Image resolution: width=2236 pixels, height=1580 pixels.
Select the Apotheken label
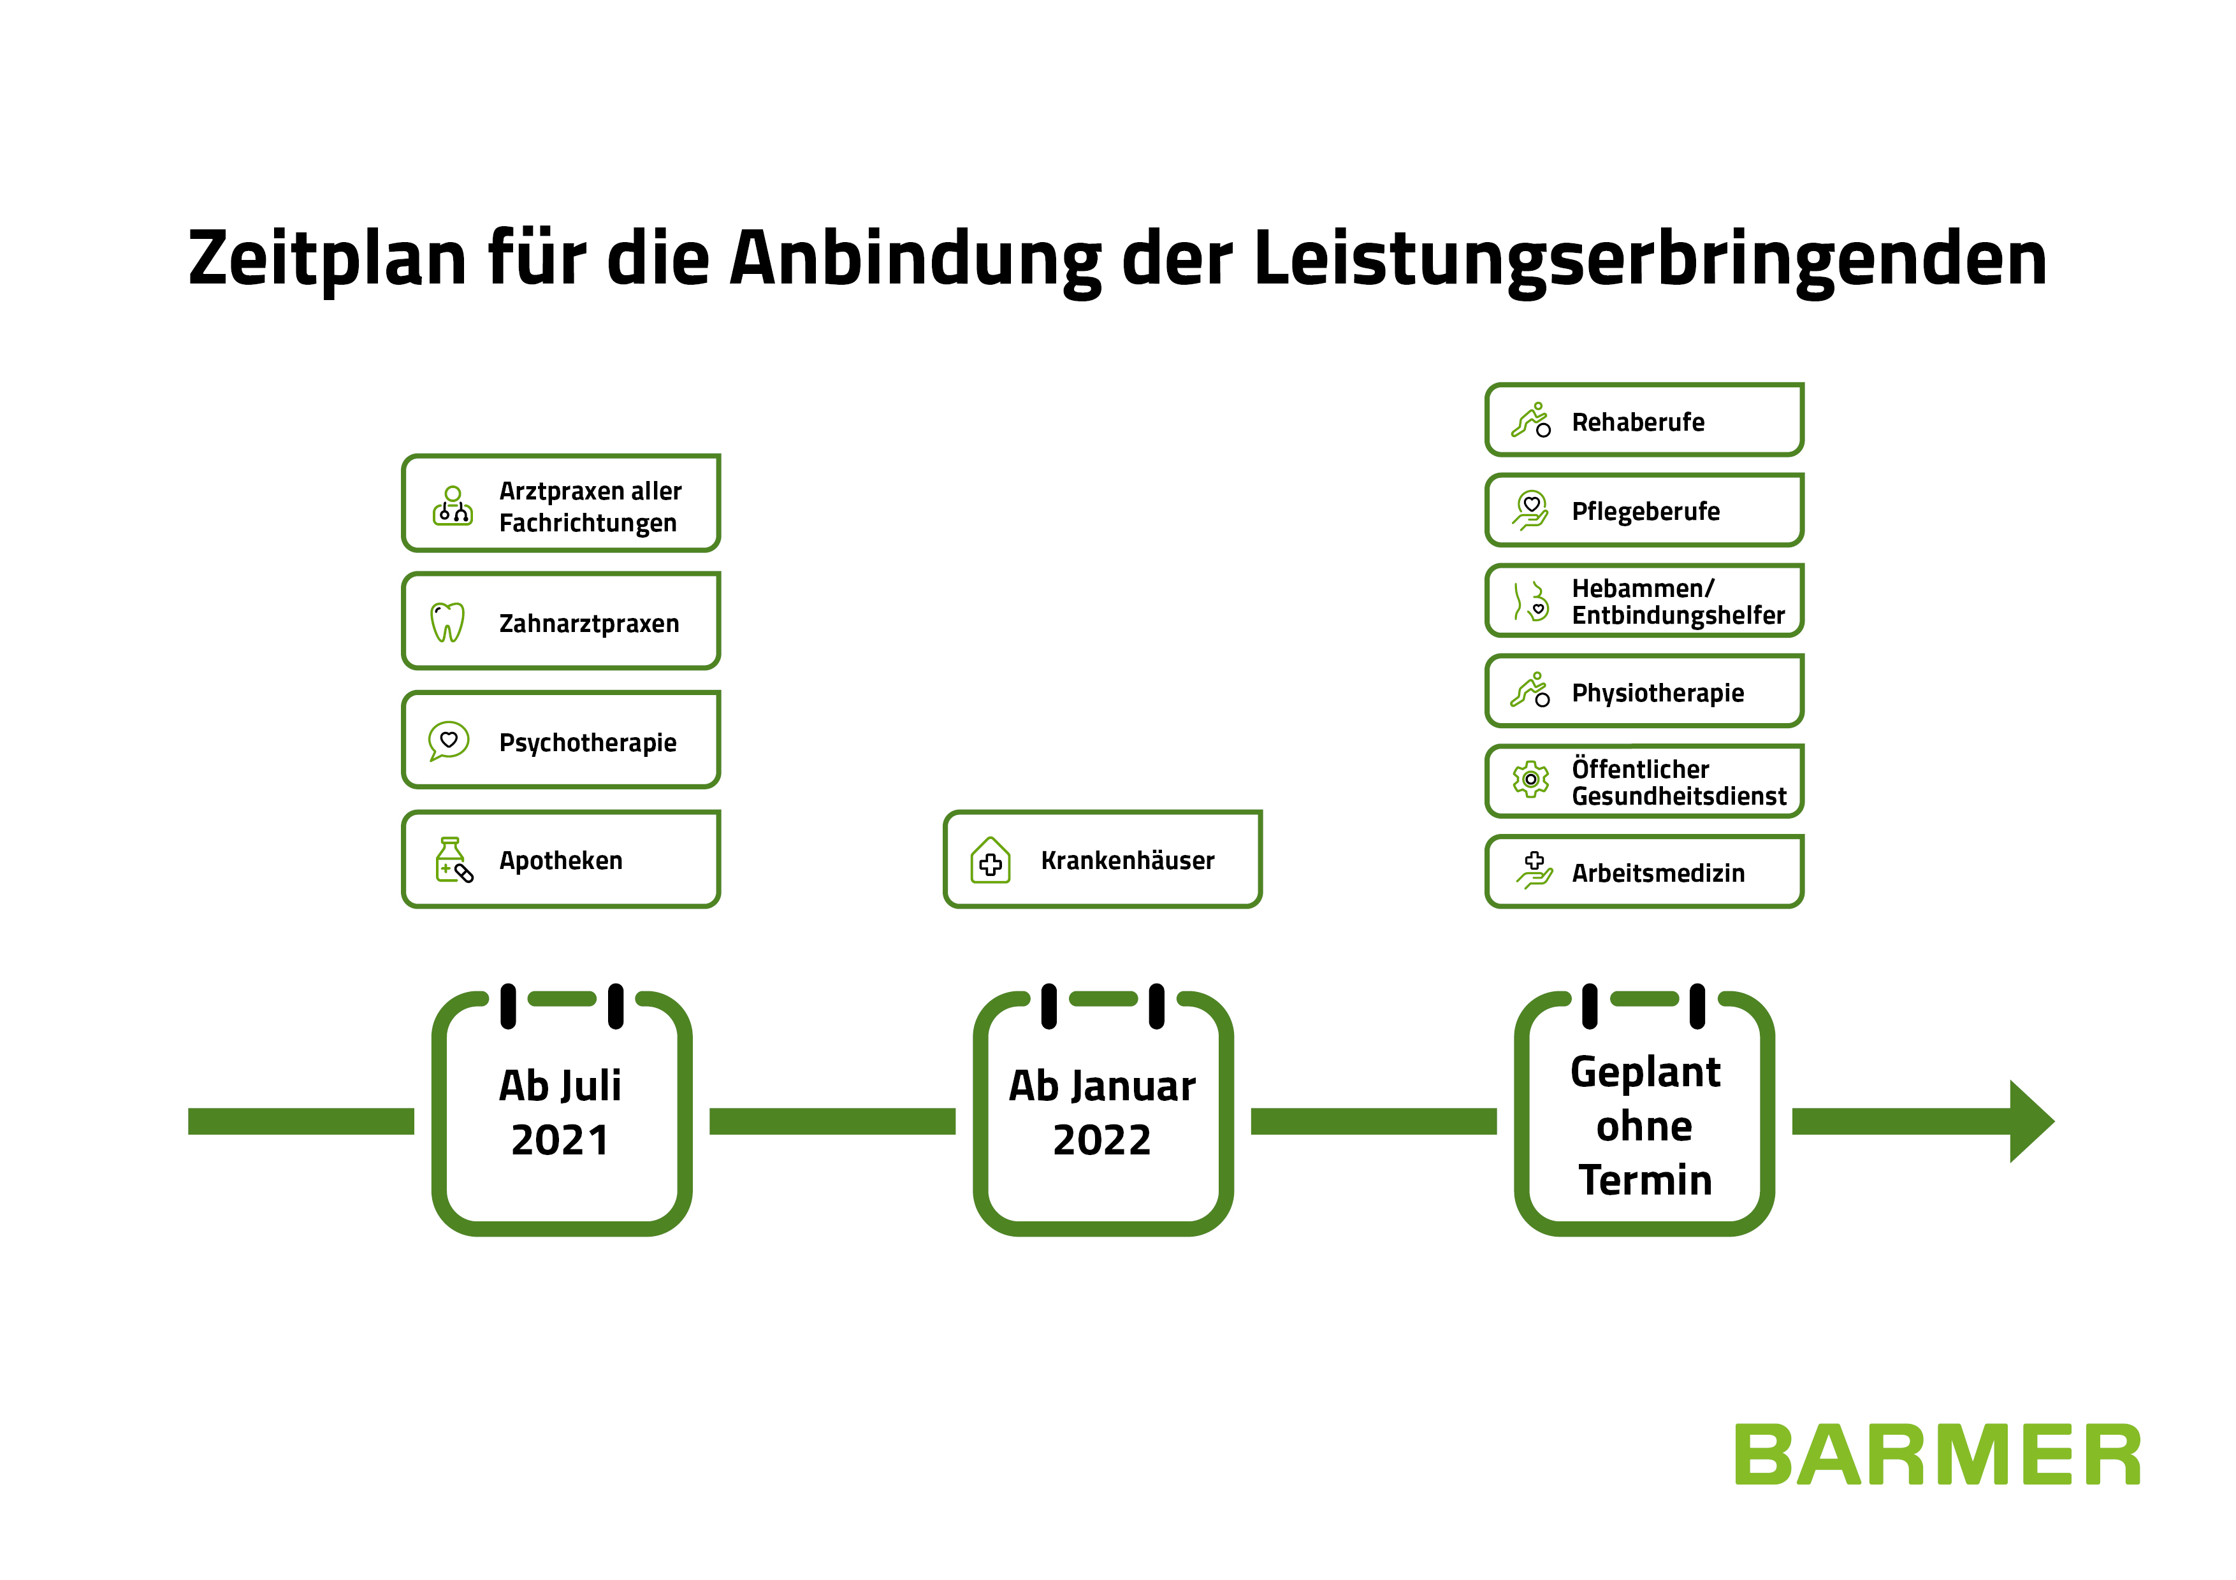click(560, 861)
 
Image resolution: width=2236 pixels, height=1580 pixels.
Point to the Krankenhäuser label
click(1127, 861)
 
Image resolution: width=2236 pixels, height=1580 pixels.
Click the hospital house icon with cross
click(991, 861)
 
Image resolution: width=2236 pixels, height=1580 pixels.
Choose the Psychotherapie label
click(587, 743)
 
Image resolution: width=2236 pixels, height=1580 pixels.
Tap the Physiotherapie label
click(1657, 693)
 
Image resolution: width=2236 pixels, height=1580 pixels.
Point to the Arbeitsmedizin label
click(1657, 873)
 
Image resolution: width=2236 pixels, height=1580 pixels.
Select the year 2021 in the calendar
click(560, 1140)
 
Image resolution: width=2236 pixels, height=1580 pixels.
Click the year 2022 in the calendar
click(1101, 1140)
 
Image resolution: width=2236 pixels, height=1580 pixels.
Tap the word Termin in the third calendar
click(1645, 1180)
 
